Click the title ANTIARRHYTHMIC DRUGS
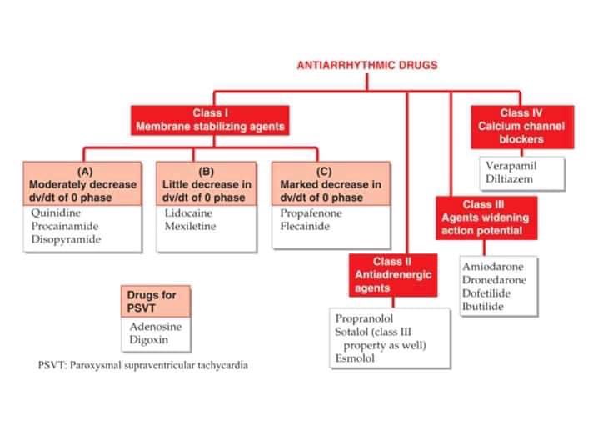click(367, 65)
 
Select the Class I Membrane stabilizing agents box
click(210, 120)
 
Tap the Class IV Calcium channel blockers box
click(521, 126)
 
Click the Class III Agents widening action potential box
click(485, 217)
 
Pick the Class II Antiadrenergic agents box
click(391, 275)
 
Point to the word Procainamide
click(63, 226)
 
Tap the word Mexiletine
click(191, 226)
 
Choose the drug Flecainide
click(306, 226)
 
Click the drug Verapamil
click(511, 166)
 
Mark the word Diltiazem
click(509, 178)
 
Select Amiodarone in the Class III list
click(493, 267)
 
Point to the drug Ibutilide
click(482, 307)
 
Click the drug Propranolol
click(364, 319)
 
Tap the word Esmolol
click(355, 358)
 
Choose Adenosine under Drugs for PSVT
click(155, 326)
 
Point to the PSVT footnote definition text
click(142, 365)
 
